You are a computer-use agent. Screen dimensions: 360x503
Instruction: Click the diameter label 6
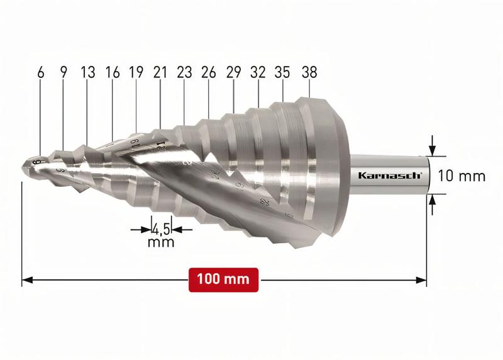(41, 72)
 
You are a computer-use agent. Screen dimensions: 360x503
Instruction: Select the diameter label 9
(63, 72)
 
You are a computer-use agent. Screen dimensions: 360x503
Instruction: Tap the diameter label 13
(87, 72)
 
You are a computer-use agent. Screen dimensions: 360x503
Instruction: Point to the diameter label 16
(113, 72)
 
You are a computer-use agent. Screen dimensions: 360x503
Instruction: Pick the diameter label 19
(136, 72)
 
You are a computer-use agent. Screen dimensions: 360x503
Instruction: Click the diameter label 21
(160, 72)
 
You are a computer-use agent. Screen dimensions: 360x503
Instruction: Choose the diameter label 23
(184, 72)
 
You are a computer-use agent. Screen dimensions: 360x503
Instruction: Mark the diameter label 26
(209, 72)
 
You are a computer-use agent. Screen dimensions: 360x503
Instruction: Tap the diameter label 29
(233, 72)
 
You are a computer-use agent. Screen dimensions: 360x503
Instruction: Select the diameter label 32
(258, 72)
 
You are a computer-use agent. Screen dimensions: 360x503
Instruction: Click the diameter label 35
(283, 72)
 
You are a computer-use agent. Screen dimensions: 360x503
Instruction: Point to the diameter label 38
(308, 72)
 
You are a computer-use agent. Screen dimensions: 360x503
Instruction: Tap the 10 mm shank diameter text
(461, 176)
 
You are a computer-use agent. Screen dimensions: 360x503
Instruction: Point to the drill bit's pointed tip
(23, 167)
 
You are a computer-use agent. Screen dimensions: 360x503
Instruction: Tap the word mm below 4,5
(160, 242)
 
